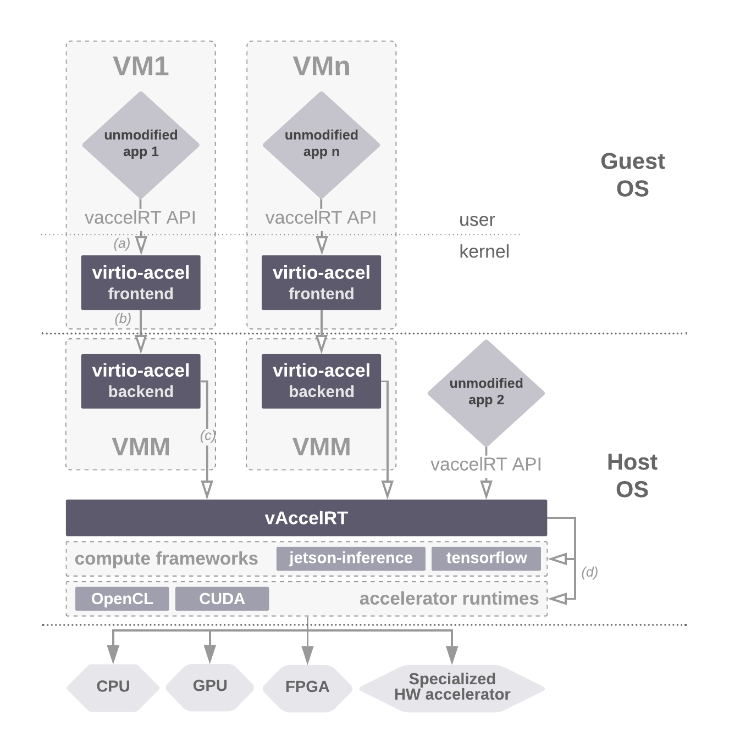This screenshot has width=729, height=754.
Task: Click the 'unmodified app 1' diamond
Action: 141,144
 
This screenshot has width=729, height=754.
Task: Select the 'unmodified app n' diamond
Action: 321,144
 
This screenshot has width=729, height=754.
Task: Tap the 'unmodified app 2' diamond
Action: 486,392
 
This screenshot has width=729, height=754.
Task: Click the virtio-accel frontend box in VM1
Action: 141,283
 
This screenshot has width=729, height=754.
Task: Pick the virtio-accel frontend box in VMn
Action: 321,283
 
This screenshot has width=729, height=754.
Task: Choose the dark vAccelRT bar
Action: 306,518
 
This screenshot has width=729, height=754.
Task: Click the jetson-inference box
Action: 351,558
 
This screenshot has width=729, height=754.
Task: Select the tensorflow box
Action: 486,558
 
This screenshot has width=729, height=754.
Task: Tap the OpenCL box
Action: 122,599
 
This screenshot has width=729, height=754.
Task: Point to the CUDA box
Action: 222,599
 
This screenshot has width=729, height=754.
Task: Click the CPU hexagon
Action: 113,686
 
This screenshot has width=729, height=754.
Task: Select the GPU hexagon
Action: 210,686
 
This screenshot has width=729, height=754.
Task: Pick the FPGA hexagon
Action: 307,687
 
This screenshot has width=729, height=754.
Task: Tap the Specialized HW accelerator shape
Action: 452,687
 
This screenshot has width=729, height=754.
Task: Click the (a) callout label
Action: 122,243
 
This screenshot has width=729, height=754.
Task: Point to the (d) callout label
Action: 589,572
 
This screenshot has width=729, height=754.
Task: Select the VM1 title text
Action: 141,66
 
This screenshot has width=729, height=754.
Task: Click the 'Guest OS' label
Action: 632,175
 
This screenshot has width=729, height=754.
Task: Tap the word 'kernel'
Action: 484,252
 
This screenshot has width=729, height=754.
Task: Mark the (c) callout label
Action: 207,436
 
